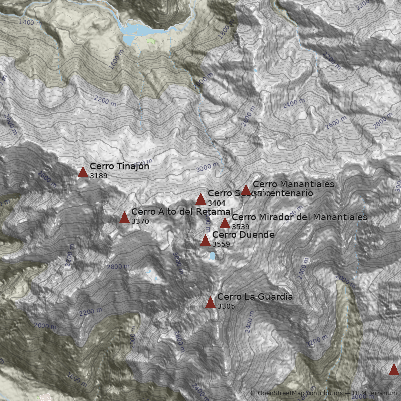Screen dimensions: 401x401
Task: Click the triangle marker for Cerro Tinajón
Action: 83,172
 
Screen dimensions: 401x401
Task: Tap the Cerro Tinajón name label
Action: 119,166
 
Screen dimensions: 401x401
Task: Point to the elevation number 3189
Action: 99,176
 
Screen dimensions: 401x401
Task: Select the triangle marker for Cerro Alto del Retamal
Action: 125,217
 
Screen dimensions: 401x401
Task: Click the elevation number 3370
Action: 140,221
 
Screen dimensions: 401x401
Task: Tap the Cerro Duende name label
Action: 243,235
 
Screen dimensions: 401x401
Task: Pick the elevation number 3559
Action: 221,244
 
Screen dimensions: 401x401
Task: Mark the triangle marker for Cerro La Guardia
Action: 211,302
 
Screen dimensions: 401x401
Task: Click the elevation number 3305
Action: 226,306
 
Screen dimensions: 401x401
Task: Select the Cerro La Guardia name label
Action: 255,297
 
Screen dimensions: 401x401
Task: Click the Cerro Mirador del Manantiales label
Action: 299,217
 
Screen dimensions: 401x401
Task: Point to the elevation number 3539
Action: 240,227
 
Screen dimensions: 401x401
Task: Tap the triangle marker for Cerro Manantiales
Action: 246,190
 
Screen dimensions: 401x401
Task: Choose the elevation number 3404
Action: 216,203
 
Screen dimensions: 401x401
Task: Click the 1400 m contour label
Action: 29,22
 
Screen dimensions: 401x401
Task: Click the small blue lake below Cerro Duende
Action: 212,256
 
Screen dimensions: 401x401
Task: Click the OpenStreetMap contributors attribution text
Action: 296,393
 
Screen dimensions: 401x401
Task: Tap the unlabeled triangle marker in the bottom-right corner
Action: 394,370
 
